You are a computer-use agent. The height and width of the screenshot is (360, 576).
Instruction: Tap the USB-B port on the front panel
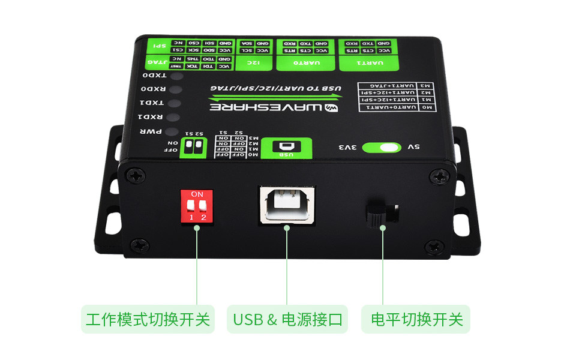click(286, 205)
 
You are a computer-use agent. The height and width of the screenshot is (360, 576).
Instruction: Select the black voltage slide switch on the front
click(382, 214)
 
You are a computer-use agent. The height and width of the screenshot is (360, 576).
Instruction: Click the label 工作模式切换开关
click(148, 319)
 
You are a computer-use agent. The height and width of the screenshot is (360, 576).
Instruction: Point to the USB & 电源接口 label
click(287, 319)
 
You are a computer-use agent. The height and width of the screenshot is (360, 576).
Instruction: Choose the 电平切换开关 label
click(416, 319)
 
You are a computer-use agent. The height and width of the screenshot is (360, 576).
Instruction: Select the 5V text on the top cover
click(413, 147)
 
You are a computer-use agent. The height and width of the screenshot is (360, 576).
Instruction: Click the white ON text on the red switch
click(197, 194)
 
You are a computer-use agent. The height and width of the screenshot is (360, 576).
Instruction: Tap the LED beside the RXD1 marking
click(173, 117)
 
